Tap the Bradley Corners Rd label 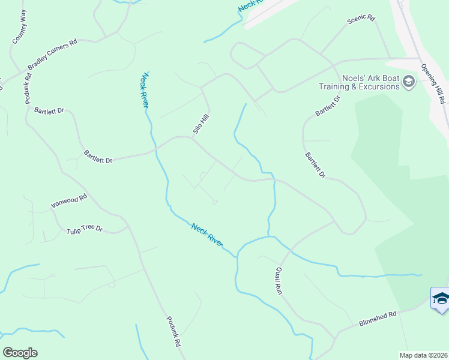click(x=53, y=53)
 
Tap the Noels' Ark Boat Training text click(x=370, y=82)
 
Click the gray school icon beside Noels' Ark click(x=409, y=82)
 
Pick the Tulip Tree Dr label click(x=84, y=228)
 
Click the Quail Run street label click(x=279, y=280)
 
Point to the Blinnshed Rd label click(x=378, y=318)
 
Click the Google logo click(x=20, y=353)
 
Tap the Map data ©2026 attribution click(x=423, y=355)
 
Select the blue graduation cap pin click(x=441, y=298)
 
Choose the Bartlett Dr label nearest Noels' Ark click(x=327, y=106)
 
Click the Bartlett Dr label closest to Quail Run click(x=315, y=165)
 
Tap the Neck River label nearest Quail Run click(x=207, y=235)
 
